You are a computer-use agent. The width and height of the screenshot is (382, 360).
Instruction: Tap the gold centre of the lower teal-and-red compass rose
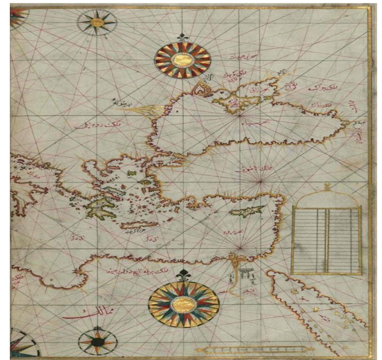click(184, 303)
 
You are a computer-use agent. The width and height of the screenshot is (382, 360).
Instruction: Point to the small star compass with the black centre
click(98, 341)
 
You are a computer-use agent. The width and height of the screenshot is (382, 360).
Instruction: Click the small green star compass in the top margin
click(97, 22)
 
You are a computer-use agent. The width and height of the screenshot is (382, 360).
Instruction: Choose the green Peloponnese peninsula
click(100, 209)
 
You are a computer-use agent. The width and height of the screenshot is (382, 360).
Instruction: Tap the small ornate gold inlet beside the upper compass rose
click(199, 90)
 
